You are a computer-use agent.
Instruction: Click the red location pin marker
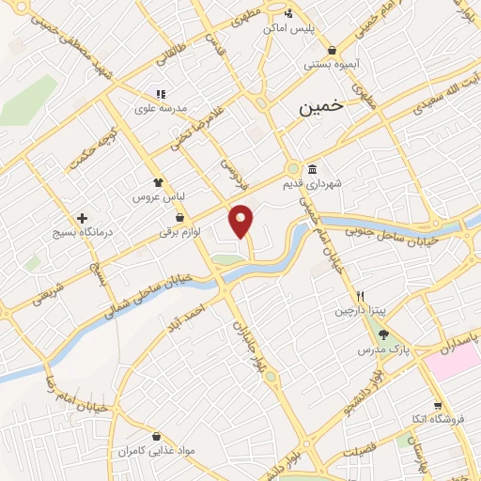click(241, 220)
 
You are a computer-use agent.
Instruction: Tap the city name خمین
click(321, 108)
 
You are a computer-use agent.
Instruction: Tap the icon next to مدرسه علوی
click(160, 94)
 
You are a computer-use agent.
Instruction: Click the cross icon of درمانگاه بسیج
click(83, 217)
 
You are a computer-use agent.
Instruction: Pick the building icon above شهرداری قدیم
click(312, 168)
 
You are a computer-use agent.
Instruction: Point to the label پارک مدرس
click(379, 349)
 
